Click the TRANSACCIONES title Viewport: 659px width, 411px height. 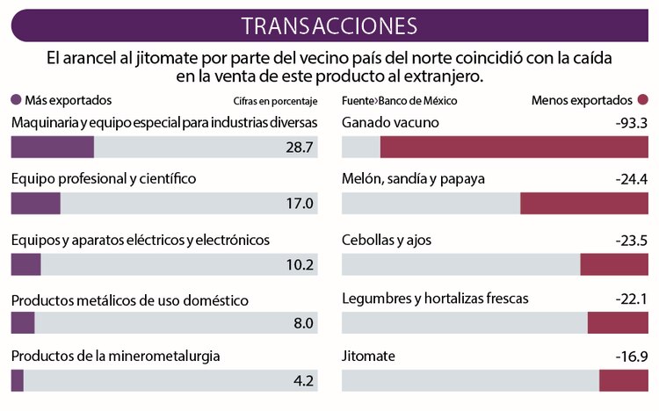329,25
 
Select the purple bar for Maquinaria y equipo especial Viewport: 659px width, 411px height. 53,147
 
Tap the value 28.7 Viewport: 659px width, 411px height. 300,147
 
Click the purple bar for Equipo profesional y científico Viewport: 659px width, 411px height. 36,204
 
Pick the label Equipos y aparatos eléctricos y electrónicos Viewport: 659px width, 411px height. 141,240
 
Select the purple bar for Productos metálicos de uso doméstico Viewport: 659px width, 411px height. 23,322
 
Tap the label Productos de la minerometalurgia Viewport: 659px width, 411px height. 115,356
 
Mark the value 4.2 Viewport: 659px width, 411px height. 304,381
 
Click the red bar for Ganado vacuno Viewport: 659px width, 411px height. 514,147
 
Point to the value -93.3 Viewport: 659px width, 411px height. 632,123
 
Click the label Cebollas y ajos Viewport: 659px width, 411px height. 386,240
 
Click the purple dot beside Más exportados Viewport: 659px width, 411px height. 16,100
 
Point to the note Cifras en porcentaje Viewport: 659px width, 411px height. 274,101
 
